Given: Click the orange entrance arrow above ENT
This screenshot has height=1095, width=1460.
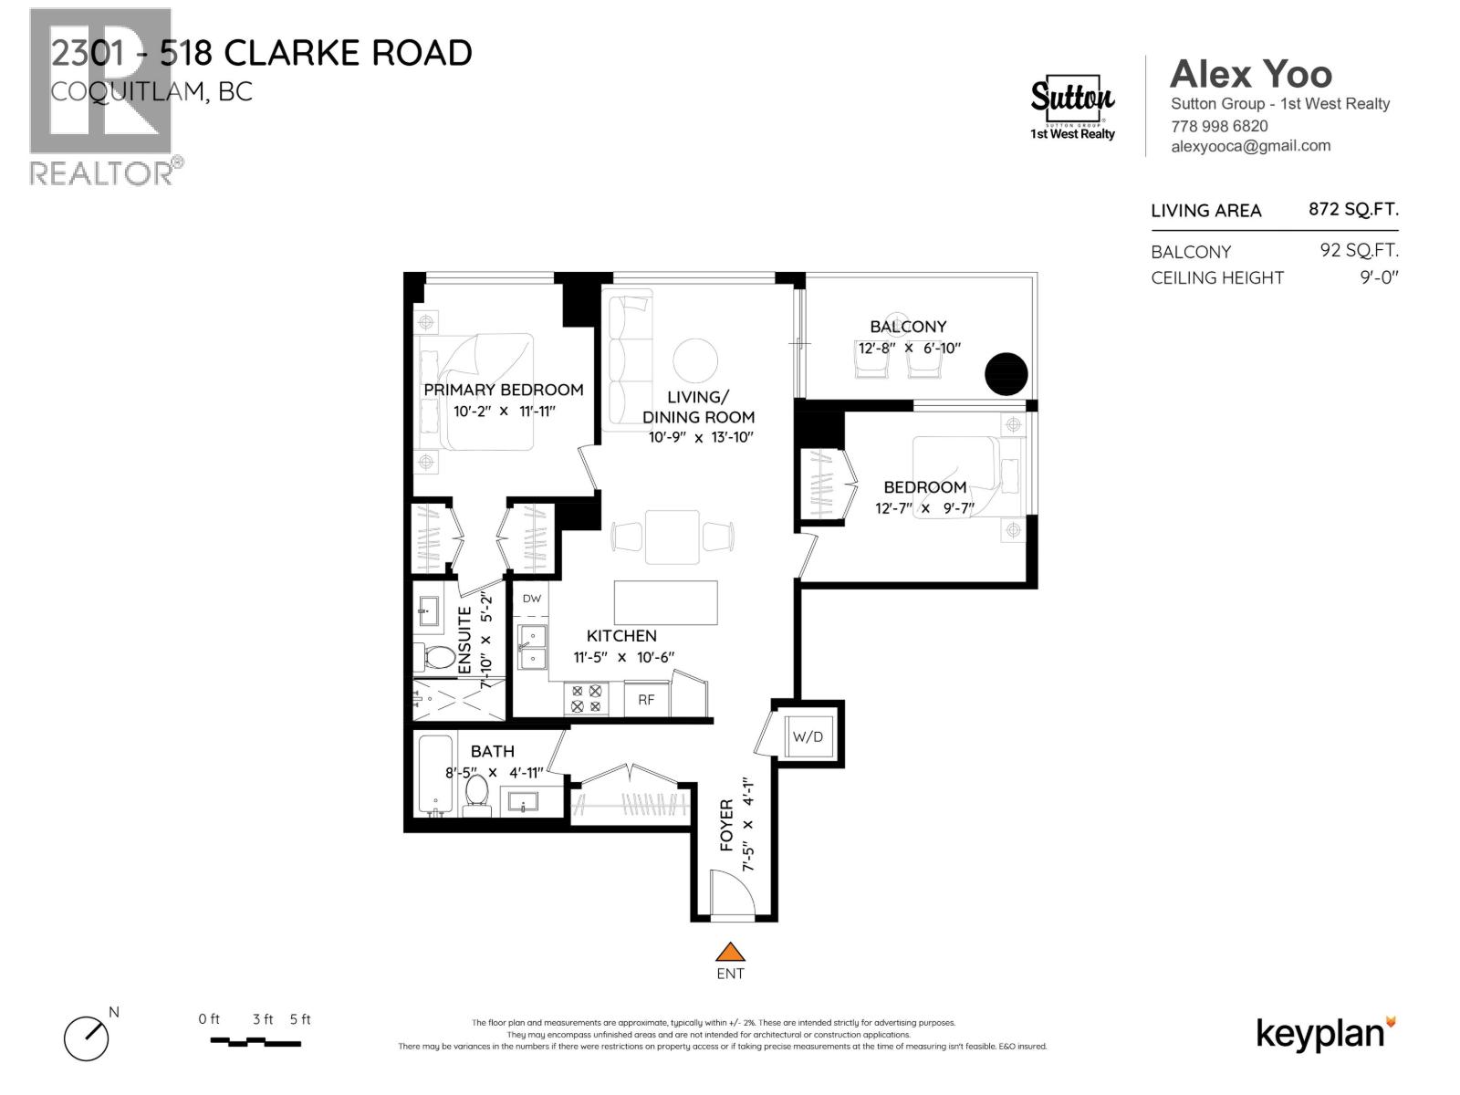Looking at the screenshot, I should click(730, 952).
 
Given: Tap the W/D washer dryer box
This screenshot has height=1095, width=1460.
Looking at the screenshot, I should click(808, 735).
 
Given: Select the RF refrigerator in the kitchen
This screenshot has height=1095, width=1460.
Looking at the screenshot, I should click(646, 700).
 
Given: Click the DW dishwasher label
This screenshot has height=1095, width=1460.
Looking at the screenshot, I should click(532, 600).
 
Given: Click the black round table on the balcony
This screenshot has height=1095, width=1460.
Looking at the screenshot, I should click(1006, 373).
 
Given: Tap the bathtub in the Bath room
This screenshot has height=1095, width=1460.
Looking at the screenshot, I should click(436, 774).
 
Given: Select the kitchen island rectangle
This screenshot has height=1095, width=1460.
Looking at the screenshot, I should click(665, 602).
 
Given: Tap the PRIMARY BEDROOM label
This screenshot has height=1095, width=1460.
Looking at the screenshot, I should click(503, 390).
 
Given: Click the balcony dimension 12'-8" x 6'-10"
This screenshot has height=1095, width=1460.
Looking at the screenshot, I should click(908, 349).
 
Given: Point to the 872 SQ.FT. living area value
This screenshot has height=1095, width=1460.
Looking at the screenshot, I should click(1352, 209).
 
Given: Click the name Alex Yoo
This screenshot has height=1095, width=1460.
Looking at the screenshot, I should click(1250, 74).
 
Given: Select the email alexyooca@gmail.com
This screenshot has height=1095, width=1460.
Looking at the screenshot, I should click(1250, 146).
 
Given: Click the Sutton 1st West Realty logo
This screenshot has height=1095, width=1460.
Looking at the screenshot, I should click(1072, 107).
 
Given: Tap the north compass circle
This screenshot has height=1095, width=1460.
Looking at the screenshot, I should click(86, 1038).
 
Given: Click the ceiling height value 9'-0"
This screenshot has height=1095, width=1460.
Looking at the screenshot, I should click(1378, 277).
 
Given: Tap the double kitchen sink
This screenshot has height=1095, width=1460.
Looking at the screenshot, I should click(532, 646).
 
